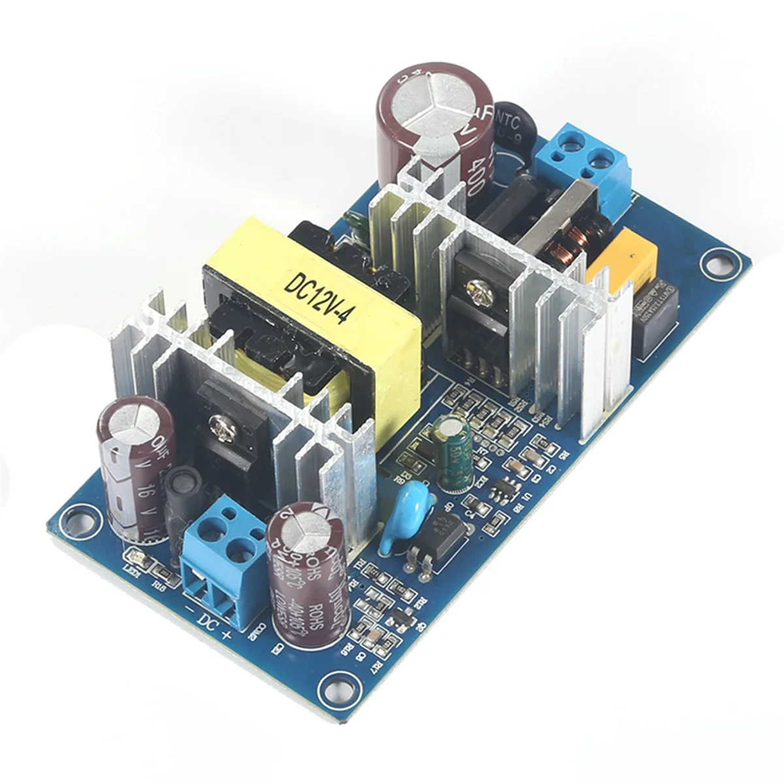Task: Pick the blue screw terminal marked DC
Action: point(222,555)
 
